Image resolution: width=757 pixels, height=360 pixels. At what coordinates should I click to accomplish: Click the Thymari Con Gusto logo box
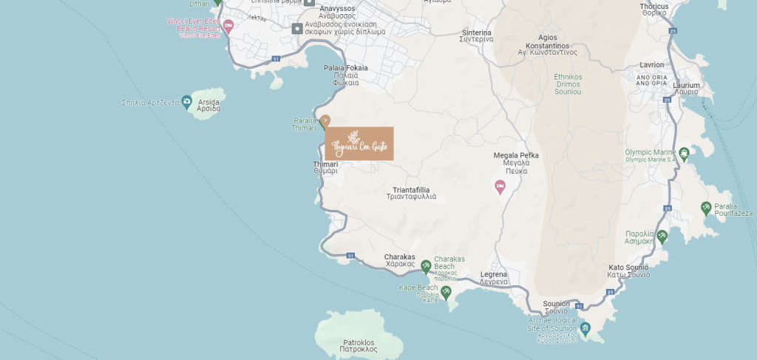[x=359, y=143]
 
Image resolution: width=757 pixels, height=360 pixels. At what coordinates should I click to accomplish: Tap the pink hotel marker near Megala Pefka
[x=500, y=186]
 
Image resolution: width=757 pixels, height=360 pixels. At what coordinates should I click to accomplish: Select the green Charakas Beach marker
[x=426, y=266]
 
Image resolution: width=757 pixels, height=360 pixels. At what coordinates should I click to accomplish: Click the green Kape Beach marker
[x=446, y=293]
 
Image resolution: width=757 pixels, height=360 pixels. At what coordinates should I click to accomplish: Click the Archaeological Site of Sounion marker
[x=585, y=328]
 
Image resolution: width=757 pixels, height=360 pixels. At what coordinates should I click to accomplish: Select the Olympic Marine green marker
[x=685, y=154]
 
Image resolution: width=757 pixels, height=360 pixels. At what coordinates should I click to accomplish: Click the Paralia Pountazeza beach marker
[x=706, y=208]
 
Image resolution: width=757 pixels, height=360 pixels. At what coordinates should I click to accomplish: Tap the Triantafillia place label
[x=412, y=193]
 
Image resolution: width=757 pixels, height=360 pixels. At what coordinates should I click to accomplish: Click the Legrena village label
[x=494, y=278]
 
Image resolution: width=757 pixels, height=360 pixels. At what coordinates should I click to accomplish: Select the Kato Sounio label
[x=628, y=271]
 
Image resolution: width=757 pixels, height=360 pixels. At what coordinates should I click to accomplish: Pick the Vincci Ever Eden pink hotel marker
[x=228, y=26]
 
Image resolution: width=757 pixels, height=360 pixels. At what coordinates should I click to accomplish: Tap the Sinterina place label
[x=476, y=36]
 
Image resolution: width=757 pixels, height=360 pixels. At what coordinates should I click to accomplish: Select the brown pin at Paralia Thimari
[x=324, y=120]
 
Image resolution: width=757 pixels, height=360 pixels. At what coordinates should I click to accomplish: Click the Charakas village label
[x=399, y=260]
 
